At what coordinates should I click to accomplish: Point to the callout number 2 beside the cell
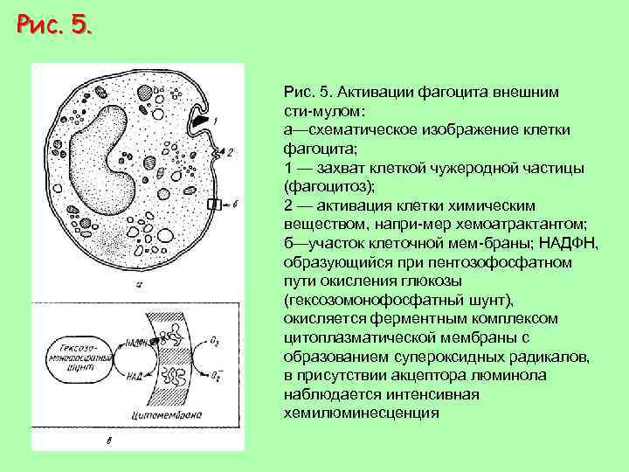[x=230, y=151]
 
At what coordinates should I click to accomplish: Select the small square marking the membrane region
[x=213, y=204]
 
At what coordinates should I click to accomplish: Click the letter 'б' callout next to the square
[x=235, y=204]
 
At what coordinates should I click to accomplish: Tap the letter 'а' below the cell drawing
[x=140, y=283]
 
